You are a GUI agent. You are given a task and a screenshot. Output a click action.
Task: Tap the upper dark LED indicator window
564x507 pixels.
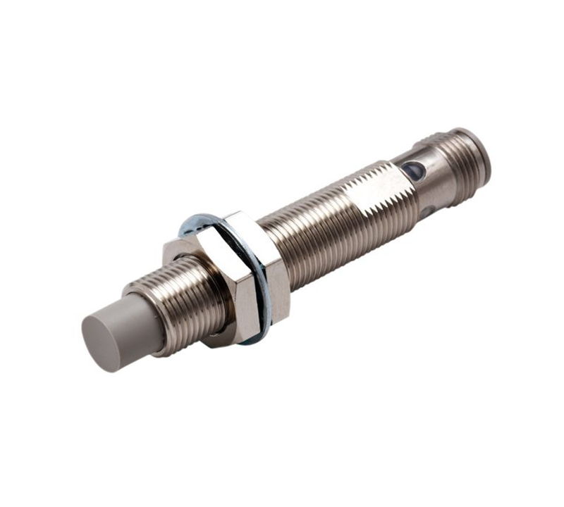[x=412, y=170]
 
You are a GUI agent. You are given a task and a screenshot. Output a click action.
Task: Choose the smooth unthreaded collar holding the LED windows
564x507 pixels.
[x=423, y=187]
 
